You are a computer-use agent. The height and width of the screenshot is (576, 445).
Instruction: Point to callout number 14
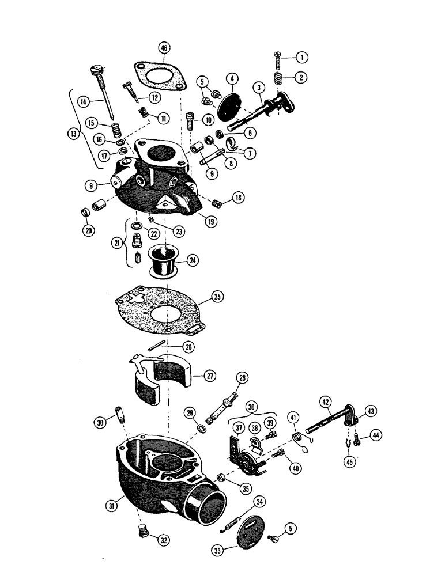coord(84,101)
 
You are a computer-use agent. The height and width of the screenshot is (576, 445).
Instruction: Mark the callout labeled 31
coord(111,505)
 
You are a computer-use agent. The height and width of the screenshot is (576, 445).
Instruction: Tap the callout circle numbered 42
coord(326,402)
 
